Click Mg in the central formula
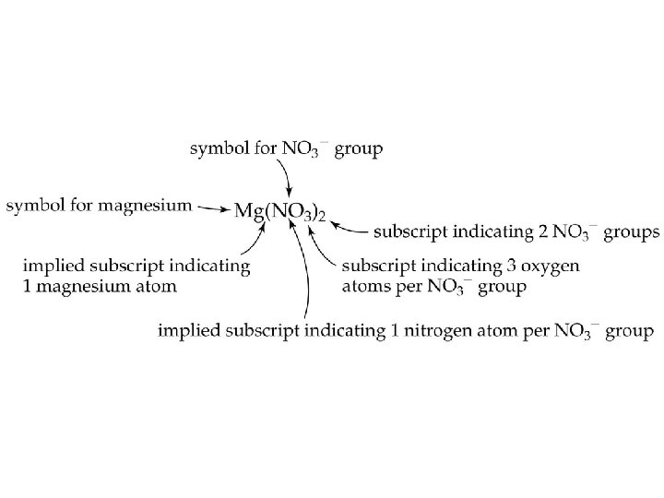point(248,211)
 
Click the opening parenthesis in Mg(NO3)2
point(267,211)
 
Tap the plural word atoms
point(364,287)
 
